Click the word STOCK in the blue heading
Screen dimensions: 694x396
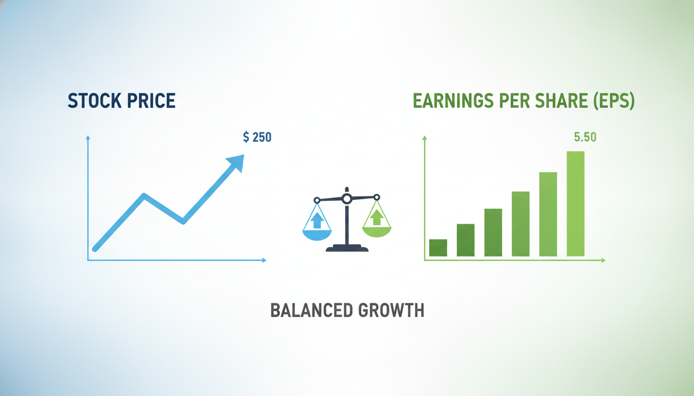[94, 101]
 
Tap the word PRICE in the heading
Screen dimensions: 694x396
[151, 101]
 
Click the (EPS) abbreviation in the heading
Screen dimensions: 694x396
[614, 101]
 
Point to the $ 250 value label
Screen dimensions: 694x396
[257, 137]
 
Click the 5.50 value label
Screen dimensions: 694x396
[585, 137]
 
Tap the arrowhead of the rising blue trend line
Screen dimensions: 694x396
[236, 162]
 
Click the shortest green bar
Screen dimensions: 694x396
[438, 247]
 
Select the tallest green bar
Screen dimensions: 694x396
[576, 204]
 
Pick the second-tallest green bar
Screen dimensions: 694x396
[548, 214]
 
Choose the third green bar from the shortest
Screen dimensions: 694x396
[493, 233]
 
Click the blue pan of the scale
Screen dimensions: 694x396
[317, 235]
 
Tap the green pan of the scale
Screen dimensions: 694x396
[377, 232]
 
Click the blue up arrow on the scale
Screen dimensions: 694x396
[317, 220]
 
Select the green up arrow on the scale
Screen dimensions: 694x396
[377, 217]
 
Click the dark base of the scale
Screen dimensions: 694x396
[347, 248]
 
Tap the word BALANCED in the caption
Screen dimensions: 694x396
[312, 310]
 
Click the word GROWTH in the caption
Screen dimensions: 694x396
[391, 310]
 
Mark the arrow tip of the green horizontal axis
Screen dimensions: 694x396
[605, 260]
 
